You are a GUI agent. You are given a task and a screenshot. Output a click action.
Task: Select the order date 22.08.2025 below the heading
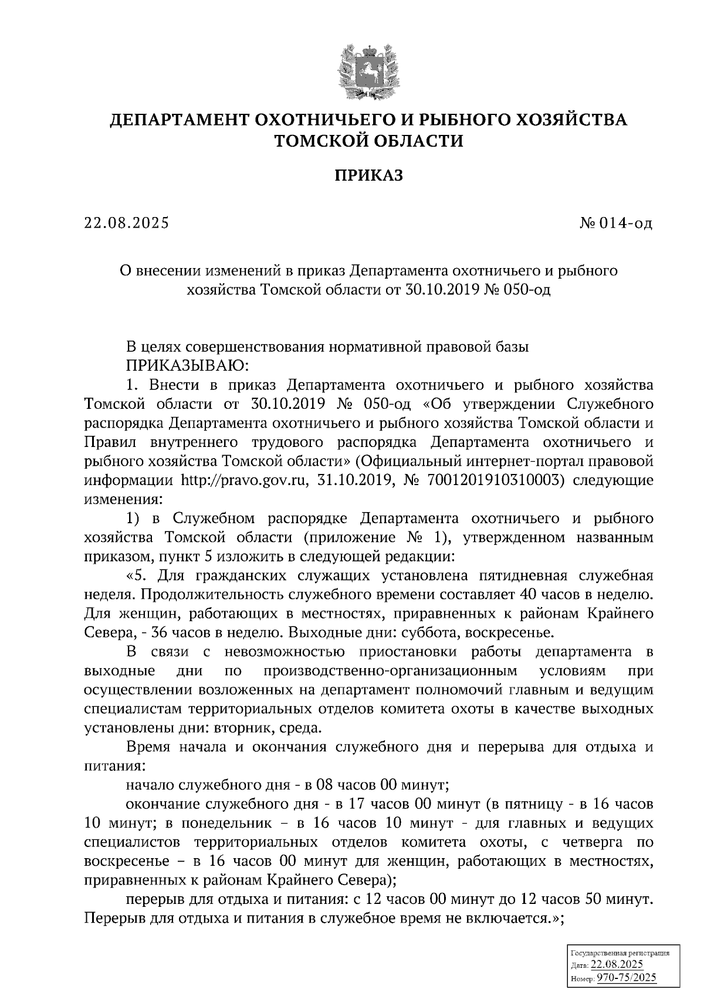tap(127, 223)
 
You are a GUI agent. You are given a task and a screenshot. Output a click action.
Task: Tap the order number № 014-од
tap(614, 223)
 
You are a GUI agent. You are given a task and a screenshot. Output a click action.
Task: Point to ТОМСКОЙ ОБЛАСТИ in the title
tap(369, 141)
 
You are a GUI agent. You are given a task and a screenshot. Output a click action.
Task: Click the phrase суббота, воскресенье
tap(488, 633)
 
